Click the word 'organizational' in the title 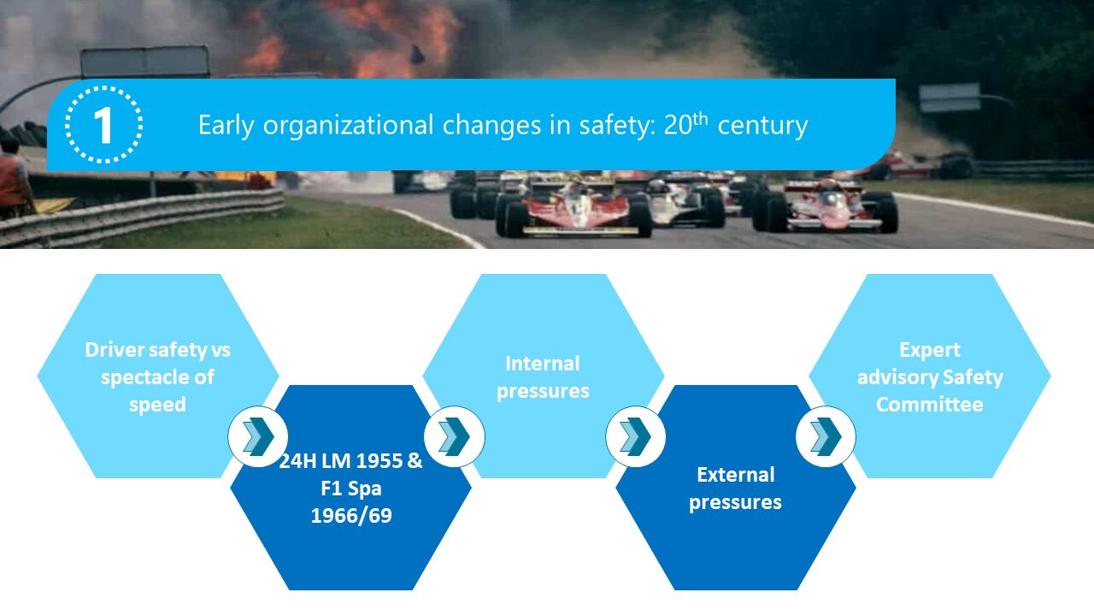(x=348, y=126)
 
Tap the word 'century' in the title (x=762, y=126)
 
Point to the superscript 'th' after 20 (x=700, y=119)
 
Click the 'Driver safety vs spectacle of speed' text (x=157, y=377)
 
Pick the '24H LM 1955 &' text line (x=350, y=460)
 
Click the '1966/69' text (x=351, y=516)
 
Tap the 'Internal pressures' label (x=543, y=377)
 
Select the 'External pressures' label (x=735, y=489)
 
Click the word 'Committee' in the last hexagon (x=929, y=405)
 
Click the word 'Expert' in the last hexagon (x=930, y=350)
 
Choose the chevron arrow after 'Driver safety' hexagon (x=258, y=436)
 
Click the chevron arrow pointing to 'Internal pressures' (x=454, y=436)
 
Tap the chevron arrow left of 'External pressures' (x=635, y=436)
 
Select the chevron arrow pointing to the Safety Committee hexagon (x=826, y=436)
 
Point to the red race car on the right (x=826, y=205)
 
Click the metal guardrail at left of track (x=142, y=215)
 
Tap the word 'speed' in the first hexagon (x=157, y=405)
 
